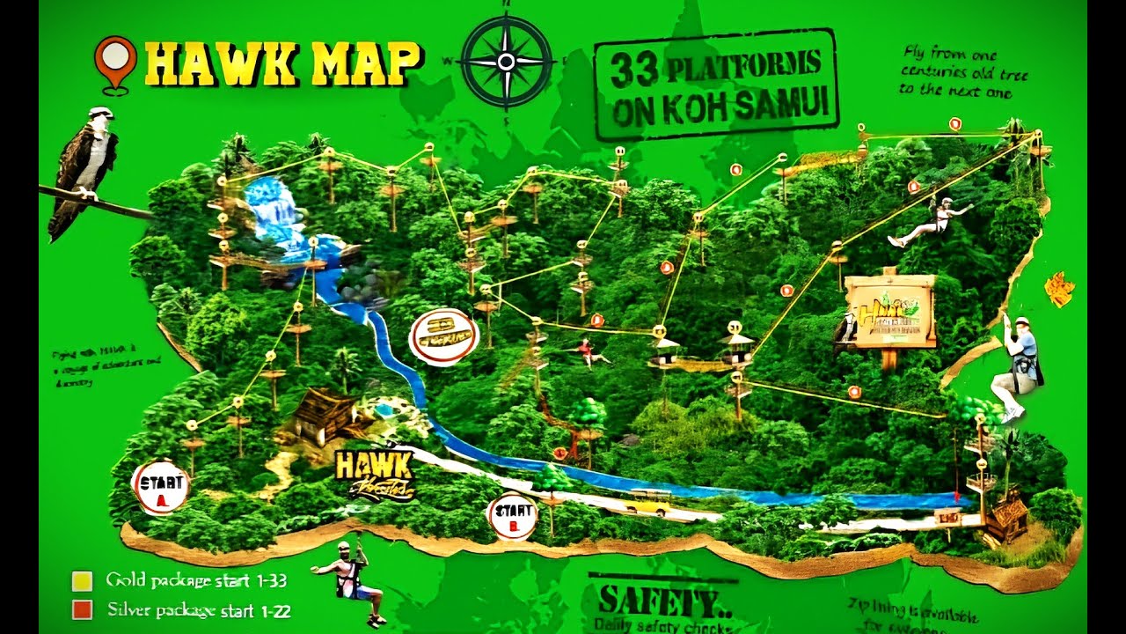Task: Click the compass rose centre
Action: tap(506, 62)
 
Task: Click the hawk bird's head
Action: tap(100, 116)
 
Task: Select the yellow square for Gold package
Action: tap(82, 581)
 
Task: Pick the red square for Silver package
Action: tap(82, 609)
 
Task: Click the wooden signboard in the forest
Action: tap(889, 311)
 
